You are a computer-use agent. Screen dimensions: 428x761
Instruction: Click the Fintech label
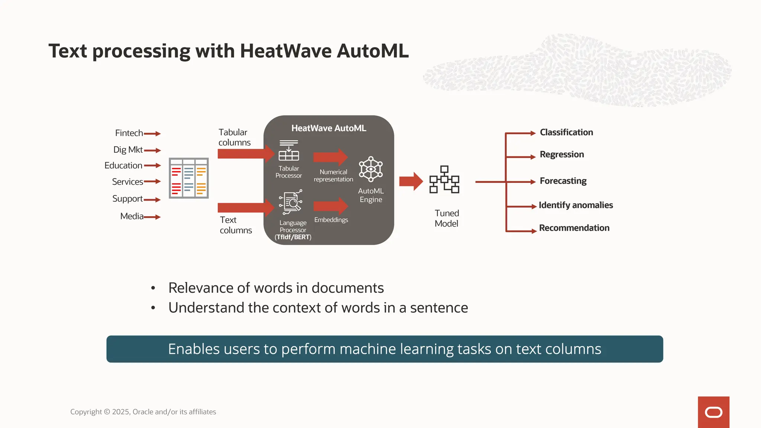click(129, 133)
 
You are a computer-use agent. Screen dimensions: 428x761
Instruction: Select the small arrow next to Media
click(152, 217)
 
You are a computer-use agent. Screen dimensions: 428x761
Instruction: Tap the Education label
click(123, 165)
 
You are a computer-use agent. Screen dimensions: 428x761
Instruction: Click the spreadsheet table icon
click(189, 178)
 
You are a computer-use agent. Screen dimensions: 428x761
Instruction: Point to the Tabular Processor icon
click(289, 150)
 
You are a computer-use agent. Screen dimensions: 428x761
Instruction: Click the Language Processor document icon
click(291, 202)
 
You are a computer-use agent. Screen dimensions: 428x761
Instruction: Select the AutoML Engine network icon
click(370, 169)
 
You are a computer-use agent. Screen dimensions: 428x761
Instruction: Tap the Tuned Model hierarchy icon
click(444, 179)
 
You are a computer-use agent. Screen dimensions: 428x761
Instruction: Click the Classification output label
click(566, 132)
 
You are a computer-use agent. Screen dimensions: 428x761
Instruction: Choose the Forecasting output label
click(563, 181)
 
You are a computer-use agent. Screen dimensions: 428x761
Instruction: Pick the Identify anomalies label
click(576, 205)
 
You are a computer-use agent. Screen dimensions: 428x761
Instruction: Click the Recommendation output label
click(574, 228)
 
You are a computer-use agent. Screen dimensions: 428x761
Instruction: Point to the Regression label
click(561, 154)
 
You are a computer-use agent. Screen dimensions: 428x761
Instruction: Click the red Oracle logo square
click(713, 412)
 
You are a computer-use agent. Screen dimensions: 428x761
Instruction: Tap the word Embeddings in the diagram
click(331, 220)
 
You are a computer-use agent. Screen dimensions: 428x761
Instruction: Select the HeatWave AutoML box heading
click(328, 128)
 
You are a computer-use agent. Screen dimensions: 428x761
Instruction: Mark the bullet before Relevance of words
click(153, 288)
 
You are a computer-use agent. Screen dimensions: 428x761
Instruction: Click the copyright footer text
click(143, 412)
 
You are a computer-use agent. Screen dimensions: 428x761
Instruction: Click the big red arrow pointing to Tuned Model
click(411, 181)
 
